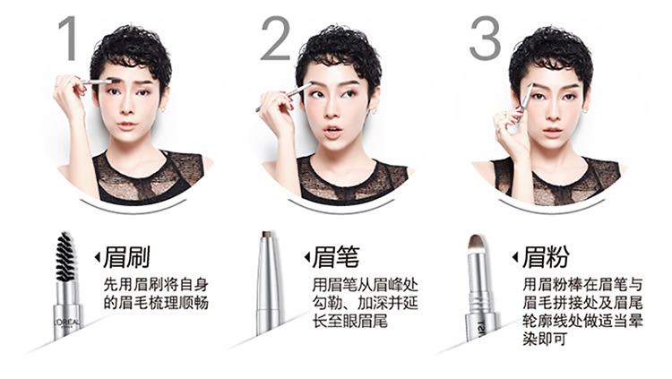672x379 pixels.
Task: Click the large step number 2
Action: coord(276,39)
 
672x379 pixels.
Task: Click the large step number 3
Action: coord(485,39)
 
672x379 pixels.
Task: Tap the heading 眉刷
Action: coord(126,257)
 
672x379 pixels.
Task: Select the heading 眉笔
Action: coord(336,257)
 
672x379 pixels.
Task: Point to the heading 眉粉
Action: coord(546,257)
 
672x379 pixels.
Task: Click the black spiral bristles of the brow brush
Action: coord(65,256)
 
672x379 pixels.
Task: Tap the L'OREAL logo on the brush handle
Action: coord(67,322)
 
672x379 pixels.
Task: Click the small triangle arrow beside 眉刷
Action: coord(98,257)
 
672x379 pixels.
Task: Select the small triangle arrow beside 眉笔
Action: coord(306,257)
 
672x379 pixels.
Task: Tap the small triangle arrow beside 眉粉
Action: coord(515,257)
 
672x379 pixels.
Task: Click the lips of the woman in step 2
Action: coord(332,131)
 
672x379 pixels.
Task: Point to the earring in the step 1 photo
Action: coord(163,109)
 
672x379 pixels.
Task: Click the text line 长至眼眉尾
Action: coord(349,321)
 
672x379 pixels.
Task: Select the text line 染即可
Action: coord(544,339)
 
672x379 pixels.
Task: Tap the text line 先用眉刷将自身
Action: coord(156,284)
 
